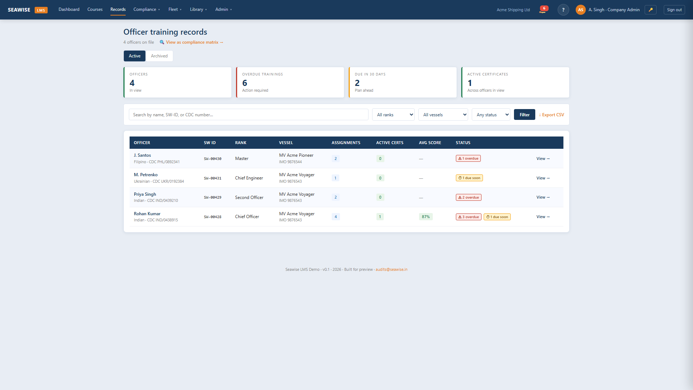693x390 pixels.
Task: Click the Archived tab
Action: (159, 56)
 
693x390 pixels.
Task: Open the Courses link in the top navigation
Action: (95, 9)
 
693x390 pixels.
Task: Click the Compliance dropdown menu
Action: (147, 9)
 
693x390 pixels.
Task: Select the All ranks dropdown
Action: (393, 115)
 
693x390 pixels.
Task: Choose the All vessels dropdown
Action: (443, 115)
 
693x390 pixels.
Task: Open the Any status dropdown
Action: (491, 115)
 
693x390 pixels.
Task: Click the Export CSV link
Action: (552, 115)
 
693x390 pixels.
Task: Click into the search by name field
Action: (248, 115)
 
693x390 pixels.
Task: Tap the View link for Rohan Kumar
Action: (543, 217)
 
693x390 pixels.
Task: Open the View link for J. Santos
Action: (543, 159)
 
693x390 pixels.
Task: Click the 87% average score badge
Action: (426, 217)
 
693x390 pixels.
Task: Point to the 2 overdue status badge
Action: (468, 198)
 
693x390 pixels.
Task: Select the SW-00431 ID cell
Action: (213, 178)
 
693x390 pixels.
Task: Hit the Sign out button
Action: (674, 10)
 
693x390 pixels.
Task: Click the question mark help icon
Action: (563, 10)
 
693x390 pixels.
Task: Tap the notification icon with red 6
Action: (543, 9)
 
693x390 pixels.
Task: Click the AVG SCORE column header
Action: (430, 143)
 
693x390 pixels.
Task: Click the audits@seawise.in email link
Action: (391, 269)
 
